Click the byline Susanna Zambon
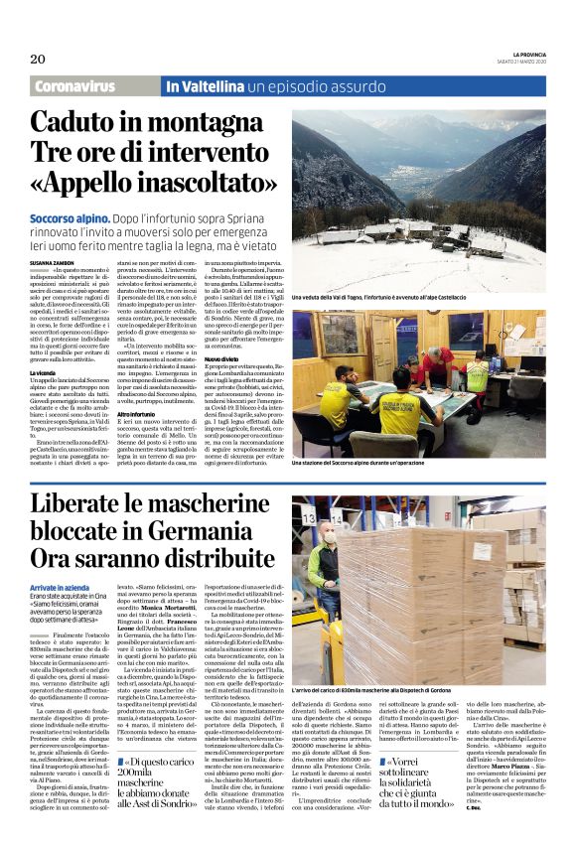tap(58, 260)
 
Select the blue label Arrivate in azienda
tap(61, 589)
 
